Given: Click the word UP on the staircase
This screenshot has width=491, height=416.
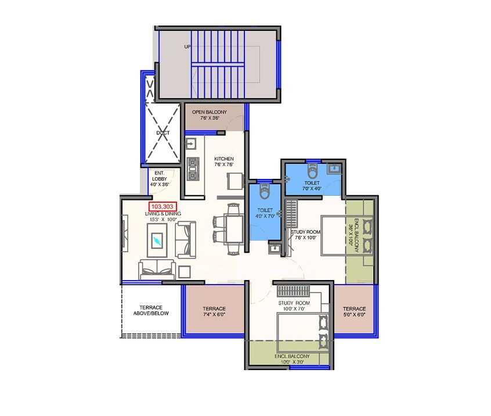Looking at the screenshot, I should click(187, 48).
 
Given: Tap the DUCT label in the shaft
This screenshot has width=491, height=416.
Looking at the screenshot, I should click(162, 133).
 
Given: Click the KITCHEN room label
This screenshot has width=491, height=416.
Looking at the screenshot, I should click(224, 159).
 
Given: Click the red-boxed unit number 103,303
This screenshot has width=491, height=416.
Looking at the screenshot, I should click(163, 206).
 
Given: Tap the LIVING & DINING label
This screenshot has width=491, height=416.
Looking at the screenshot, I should click(163, 214).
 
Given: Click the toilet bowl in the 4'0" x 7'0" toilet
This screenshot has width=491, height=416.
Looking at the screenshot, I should click(265, 189).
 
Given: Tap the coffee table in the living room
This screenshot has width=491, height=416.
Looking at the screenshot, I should click(157, 240).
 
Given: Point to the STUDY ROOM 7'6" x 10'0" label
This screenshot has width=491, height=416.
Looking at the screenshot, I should click(306, 235).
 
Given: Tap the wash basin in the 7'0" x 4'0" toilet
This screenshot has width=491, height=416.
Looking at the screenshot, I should click(334, 169).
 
